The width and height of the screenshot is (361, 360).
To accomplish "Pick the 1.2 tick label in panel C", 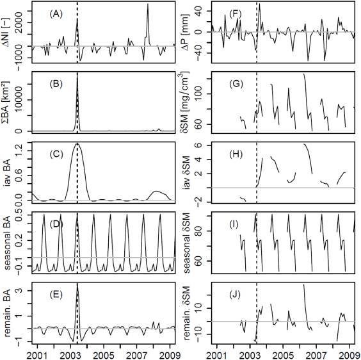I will [22, 148].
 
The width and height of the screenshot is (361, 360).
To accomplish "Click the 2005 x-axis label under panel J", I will [284, 354].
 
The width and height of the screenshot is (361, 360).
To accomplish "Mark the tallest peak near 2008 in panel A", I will [147, 4].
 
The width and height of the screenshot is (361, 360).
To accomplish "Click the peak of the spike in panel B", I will [77, 75].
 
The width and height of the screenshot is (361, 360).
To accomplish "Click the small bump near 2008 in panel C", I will [156, 191].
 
